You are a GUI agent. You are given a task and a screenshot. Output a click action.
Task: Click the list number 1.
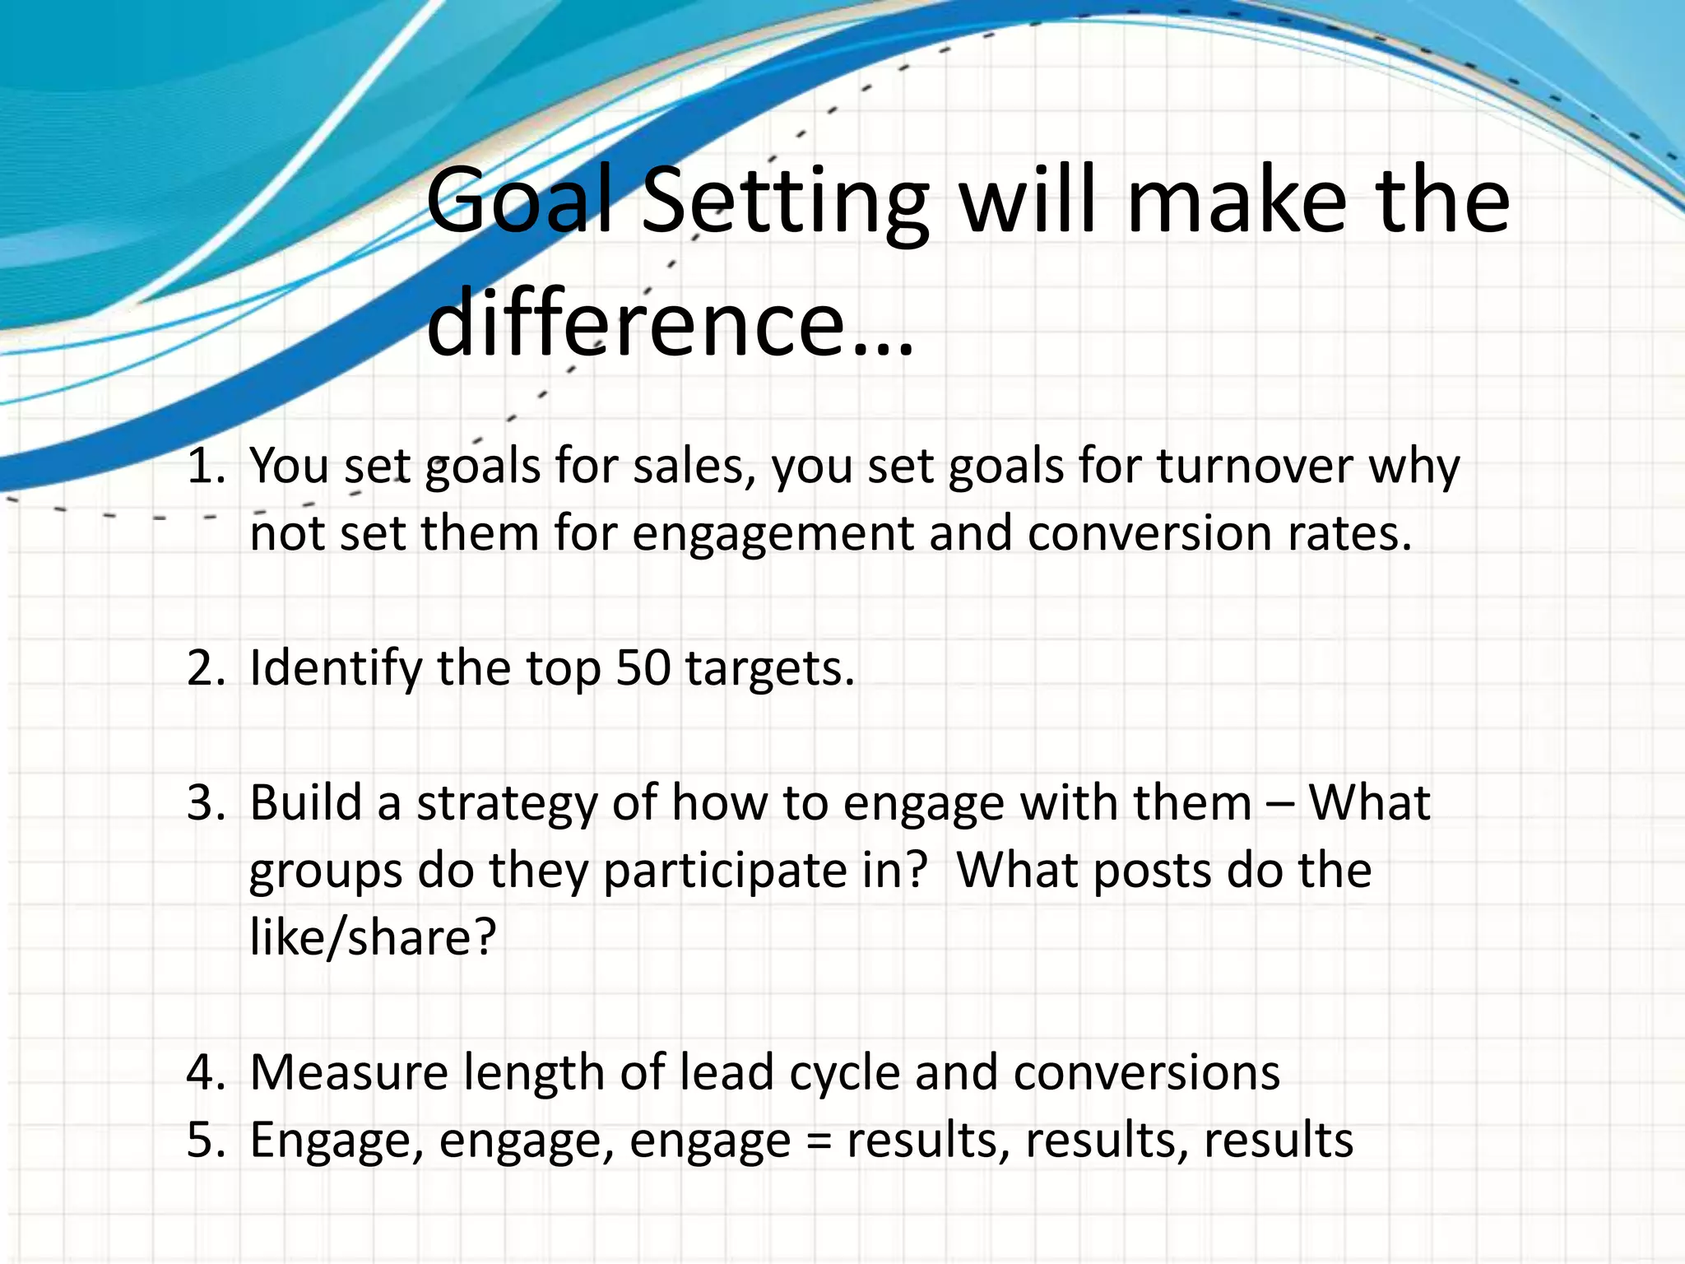[x=205, y=466]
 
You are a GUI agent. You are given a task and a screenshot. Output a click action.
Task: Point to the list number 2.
[x=205, y=667]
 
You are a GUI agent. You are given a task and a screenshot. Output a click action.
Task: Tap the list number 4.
[x=205, y=1072]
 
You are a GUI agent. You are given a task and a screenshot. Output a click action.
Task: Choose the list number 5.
[x=205, y=1140]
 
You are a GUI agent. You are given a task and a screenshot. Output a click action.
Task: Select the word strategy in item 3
[x=506, y=805]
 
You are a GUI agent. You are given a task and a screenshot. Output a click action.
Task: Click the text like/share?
[x=373, y=938]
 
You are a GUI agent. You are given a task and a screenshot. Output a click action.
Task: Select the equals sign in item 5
[x=819, y=1141]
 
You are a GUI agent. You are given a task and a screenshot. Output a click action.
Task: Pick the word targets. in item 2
[x=770, y=669]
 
